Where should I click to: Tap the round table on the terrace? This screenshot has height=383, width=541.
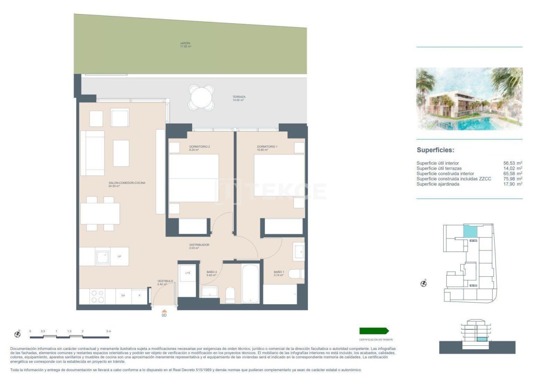point(202,98)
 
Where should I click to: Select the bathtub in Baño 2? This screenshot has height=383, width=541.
point(250,284)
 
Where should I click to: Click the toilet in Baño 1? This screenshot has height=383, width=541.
point(296,274)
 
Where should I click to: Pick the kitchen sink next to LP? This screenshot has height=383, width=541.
point(103,257)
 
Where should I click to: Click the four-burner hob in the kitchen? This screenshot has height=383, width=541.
point(98,296)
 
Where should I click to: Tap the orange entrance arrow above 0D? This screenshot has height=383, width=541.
point(164,311)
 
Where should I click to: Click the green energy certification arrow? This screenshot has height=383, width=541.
point(374,331)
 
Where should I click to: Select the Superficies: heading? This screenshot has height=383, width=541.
point(435,150)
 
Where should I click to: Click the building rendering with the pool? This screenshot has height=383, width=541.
point(469,99)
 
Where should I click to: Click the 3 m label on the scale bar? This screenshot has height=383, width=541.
point(108,331)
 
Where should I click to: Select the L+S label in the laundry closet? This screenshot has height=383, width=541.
point(188,273)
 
